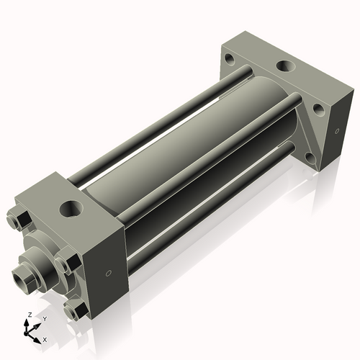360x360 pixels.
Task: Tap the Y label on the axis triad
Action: coord(44,318)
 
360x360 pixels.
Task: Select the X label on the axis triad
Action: coord(45,338)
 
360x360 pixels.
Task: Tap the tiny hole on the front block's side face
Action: coord(109,273)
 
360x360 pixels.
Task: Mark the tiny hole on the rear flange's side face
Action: coord(337,131)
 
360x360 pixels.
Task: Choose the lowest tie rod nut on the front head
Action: coord(75,310)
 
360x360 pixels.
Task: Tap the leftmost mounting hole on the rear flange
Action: coord(229,58)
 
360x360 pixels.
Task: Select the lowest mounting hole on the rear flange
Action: coord(309,156)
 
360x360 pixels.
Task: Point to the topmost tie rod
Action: coord(158,120)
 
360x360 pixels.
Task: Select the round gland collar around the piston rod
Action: coord(43,259)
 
